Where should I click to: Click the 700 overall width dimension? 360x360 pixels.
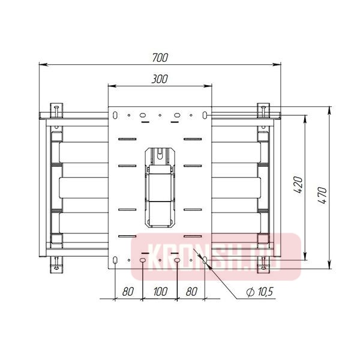pos(160,58)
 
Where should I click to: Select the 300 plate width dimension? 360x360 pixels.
pos(160,79)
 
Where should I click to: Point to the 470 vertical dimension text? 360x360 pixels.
pos(322,195)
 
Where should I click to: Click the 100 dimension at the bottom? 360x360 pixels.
pos(160,292)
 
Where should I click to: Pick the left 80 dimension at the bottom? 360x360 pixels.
pos(128,292)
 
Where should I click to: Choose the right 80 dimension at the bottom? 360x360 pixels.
pos(192,292)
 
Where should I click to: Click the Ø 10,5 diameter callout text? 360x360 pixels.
pos(260,292)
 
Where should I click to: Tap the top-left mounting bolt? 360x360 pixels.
pos(57,110)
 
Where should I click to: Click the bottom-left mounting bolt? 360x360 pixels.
pos(57,263)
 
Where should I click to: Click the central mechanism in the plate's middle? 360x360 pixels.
pos(160,186)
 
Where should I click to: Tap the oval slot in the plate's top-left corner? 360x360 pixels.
pos(113,113)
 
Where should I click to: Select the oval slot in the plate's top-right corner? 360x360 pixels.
pos(206,113)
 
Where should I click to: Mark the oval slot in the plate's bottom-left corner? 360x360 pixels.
pos(113,260)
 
